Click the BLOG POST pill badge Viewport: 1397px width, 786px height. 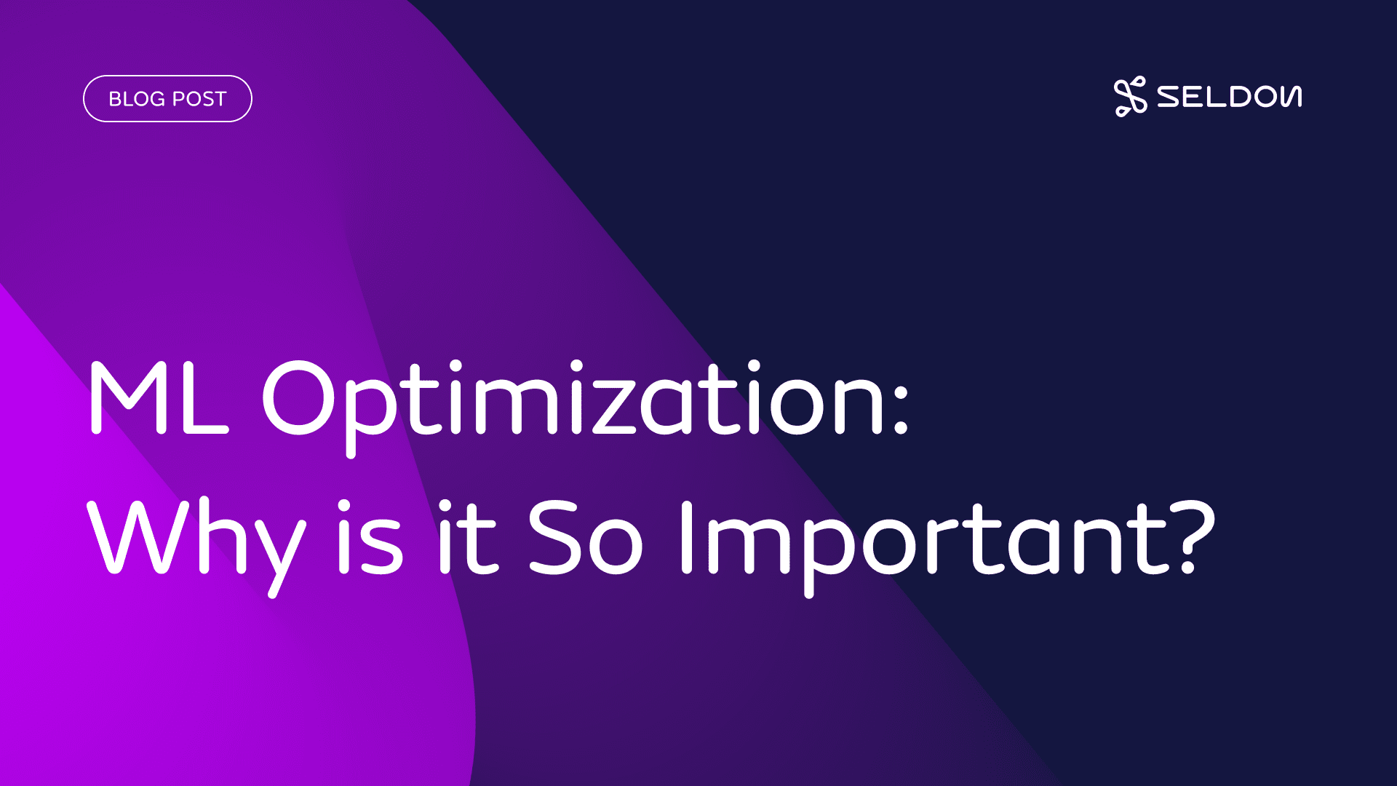pos(167,99)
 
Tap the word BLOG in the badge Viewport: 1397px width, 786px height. pos(137,99)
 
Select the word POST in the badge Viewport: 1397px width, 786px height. pos(199,99)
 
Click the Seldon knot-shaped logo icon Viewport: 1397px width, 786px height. pos(1130,97)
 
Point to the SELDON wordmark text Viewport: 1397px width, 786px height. pos(1230,97)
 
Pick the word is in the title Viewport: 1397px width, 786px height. pos(370,537)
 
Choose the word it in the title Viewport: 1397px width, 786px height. pos(467,537)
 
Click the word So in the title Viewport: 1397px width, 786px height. pos(586,537)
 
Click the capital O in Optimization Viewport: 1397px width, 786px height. pos(298,397)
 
